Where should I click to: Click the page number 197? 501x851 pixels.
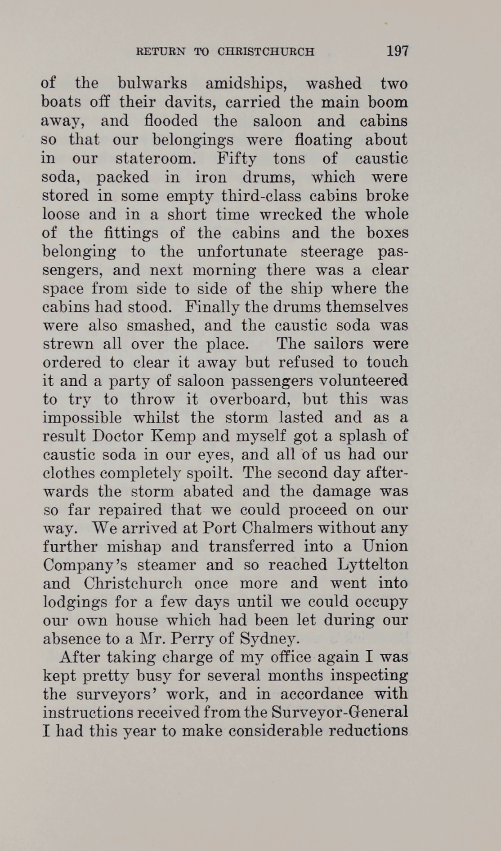tap(398, 51)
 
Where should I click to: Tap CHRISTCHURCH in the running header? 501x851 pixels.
tap(266, 52)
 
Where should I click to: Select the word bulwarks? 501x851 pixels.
tap(152, 84)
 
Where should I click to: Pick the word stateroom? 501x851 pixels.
tap(156, 159)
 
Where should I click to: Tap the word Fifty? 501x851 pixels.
tap(237, 159)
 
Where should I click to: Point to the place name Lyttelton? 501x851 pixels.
tap(373, 564)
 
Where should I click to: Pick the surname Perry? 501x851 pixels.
tap(215, 639)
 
